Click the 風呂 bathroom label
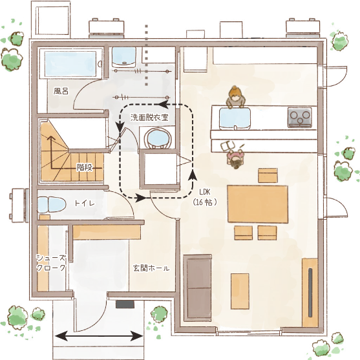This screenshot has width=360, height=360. (61, 91)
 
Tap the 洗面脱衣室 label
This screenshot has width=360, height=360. (149, 118)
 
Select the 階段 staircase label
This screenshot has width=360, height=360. (85, 167)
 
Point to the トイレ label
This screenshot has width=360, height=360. (85, 203)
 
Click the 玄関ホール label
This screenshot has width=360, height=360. (151, 268)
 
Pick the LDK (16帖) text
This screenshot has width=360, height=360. (205, 197)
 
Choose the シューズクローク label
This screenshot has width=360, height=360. (51, 262)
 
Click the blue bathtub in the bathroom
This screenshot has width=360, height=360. (70, 64)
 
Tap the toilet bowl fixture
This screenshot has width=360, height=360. (52, 204)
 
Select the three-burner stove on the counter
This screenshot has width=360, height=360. (300, 118)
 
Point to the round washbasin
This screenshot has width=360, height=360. (157, 138)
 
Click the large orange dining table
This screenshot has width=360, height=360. (258, 204)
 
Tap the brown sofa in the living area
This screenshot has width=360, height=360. (197, 288)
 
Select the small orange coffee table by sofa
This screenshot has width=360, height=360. (240, 291)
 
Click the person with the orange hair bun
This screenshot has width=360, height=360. (235, 97)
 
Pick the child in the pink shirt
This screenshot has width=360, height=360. (235, 157)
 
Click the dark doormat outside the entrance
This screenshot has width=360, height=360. (125, 304)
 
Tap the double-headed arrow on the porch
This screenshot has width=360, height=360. (99, 337)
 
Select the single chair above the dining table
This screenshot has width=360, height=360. (268, 175)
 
